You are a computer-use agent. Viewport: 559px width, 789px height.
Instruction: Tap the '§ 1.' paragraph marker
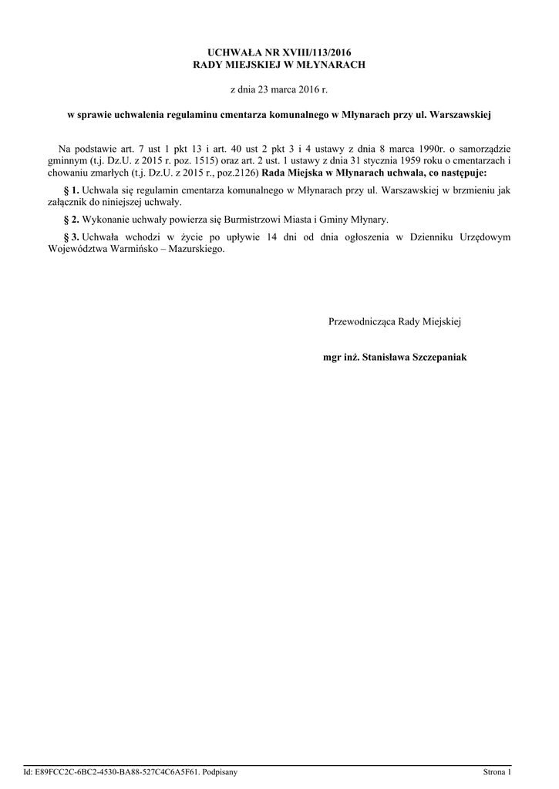(71, 190)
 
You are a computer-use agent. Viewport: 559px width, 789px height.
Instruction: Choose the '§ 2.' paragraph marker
(71, 220)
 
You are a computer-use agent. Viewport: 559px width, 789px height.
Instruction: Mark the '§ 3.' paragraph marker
(71, 237)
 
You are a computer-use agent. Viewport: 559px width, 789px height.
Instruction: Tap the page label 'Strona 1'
(497, 771)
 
